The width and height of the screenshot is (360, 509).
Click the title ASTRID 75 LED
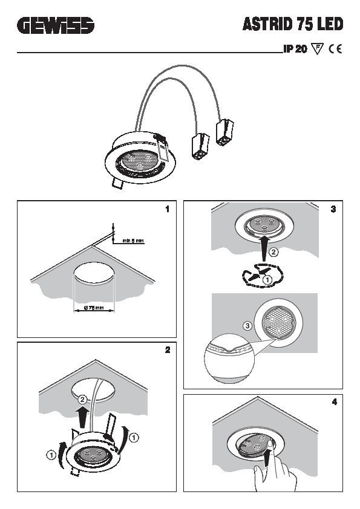[x=293, y=25]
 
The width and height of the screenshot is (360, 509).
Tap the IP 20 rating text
[x=295, y=50]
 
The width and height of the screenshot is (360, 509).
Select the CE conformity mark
[x=335, y=50]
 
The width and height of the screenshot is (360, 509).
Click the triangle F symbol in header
[x=317, y=50]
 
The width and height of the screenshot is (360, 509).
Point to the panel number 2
[x=167, y=350]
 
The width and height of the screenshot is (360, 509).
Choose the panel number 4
[x=333, y=401]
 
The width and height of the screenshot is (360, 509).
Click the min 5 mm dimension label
[x=133, y=241]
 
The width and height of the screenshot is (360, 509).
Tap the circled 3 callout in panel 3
[x=247, y=325]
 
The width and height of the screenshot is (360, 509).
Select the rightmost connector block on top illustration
[x=224, y=132]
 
